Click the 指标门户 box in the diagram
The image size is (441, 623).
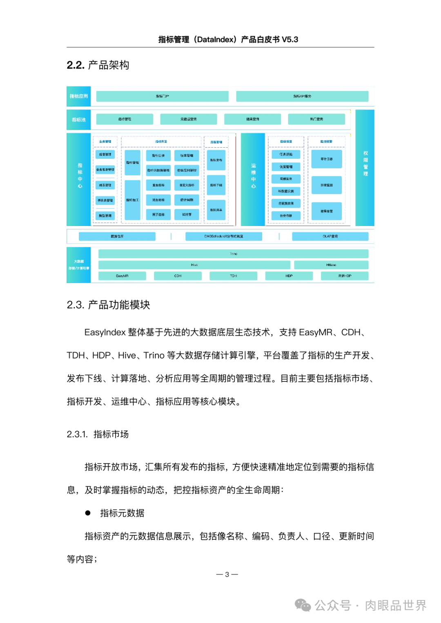click(x=162, y=96)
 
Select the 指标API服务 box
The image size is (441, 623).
click(x=302, y=96)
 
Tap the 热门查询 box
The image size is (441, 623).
click(x=316, y=119)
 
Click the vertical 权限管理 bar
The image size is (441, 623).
click(x=365, y=167)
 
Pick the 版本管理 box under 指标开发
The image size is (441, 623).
click(x=187, y=155)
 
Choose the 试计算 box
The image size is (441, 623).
click(x=187, y=215)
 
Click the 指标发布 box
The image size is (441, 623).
click(x=216, y=160)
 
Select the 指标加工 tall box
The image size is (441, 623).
click(x=132, y=200)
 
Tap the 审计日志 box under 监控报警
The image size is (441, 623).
click(x=326, y=159)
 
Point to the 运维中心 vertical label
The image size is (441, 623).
click(x=253, y=176)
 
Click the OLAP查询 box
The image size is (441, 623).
click(x=330, y=236)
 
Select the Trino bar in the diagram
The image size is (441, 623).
click(x=233, y=254)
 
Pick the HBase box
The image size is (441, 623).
click(x=331, y=265)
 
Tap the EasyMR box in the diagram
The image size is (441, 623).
click(x=122, y=276)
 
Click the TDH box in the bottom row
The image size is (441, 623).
click(x=233, y=276)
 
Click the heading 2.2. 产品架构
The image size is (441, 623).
click(x=98, y=65)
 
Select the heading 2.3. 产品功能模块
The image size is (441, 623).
click(x=108, y=305)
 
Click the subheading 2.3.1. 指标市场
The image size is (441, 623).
click(x=98, y=434)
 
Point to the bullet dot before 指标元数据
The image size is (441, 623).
click(x=88, y=513)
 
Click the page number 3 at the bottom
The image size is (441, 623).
click(x=227, y=574)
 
